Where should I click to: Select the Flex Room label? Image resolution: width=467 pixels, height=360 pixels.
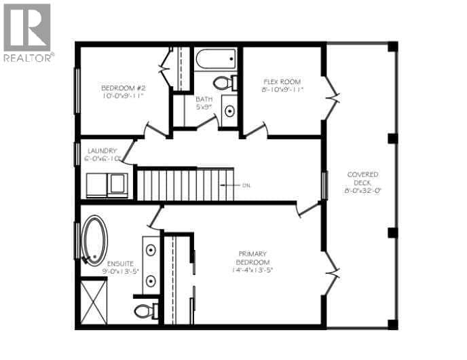click(x=282, y=81)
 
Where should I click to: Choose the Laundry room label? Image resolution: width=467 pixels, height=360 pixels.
click(x=102, y=150)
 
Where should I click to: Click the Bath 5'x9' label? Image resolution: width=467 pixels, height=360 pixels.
click(x=204, y=99)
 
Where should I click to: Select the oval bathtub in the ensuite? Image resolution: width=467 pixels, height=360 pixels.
click(x=94, y=240)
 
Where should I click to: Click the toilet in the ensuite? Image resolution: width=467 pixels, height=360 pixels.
click(x=146, y=311)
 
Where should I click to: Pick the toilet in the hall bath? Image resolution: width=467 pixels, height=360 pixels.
click(x=223, y=83)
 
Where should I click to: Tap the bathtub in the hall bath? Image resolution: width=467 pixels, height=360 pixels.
click(x=216, y=59)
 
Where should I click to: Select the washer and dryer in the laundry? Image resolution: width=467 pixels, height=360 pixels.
click(x=107, y=185)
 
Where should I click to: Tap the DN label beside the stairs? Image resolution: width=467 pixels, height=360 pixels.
click(x=246, y=185)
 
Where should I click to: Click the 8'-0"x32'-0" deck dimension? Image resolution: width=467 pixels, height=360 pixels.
click(x=362, y=191)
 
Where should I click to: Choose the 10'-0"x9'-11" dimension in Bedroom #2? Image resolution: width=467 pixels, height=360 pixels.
click(x=121, y=97)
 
